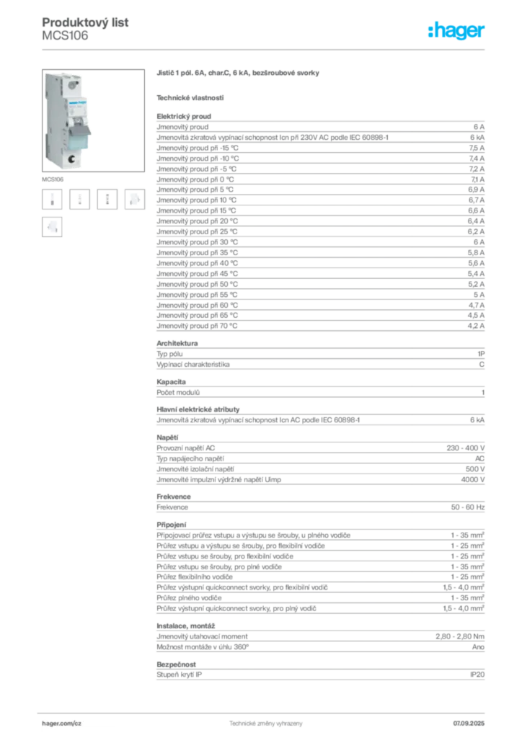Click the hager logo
click(x=456, y=30)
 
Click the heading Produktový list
click(x=85, y=22)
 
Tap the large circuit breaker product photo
click(x=93, y=120)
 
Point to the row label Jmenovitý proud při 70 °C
click(x=197, y=326)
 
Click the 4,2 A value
click(x=476, y=326)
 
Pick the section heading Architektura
click(x=177, y=343)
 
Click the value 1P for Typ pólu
click(x=481, y=354)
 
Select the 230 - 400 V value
click(x=466, y=448)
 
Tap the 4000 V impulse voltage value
click(x=472, y=479)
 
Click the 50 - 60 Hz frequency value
click(x=467, y=507)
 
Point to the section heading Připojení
click(x=172, y=525)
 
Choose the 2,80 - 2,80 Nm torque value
click(x=460, y=636)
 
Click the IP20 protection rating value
click(x=477, y=675)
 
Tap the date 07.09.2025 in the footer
click(x=469, y=724)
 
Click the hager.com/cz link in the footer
click(x=62, y=724)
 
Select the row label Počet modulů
click(x=178, y=393)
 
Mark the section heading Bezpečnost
click(x=176, y=664)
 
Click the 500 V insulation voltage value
click(x=475, y=469)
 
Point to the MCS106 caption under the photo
click(x=53, y=179)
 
